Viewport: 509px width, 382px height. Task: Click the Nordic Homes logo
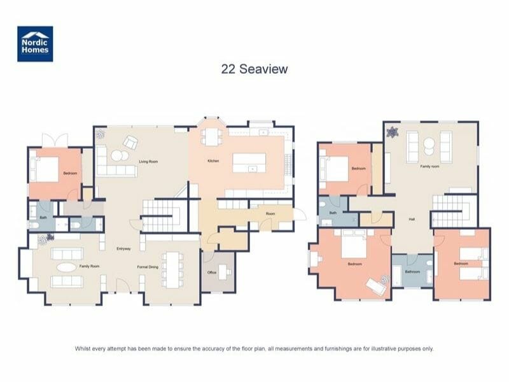[35, 44]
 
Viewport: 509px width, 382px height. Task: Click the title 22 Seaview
[254, 69]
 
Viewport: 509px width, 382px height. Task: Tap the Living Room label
[148, 162]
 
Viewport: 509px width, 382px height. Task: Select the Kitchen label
[213, 161]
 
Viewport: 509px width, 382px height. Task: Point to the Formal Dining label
[148, 267]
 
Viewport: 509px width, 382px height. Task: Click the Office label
[212, 272]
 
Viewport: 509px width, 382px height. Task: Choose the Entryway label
[124, 248]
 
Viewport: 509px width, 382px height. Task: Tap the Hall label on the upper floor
[412, 220]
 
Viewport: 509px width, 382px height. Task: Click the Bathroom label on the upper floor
[412, 272]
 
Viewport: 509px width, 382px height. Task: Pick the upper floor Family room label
[429, 166]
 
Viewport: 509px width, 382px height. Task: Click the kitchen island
[253, 162]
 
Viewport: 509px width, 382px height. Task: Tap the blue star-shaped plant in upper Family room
[393, 132]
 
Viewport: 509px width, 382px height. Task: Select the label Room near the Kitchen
[270, 214]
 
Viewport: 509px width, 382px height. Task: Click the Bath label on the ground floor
[43, 217]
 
